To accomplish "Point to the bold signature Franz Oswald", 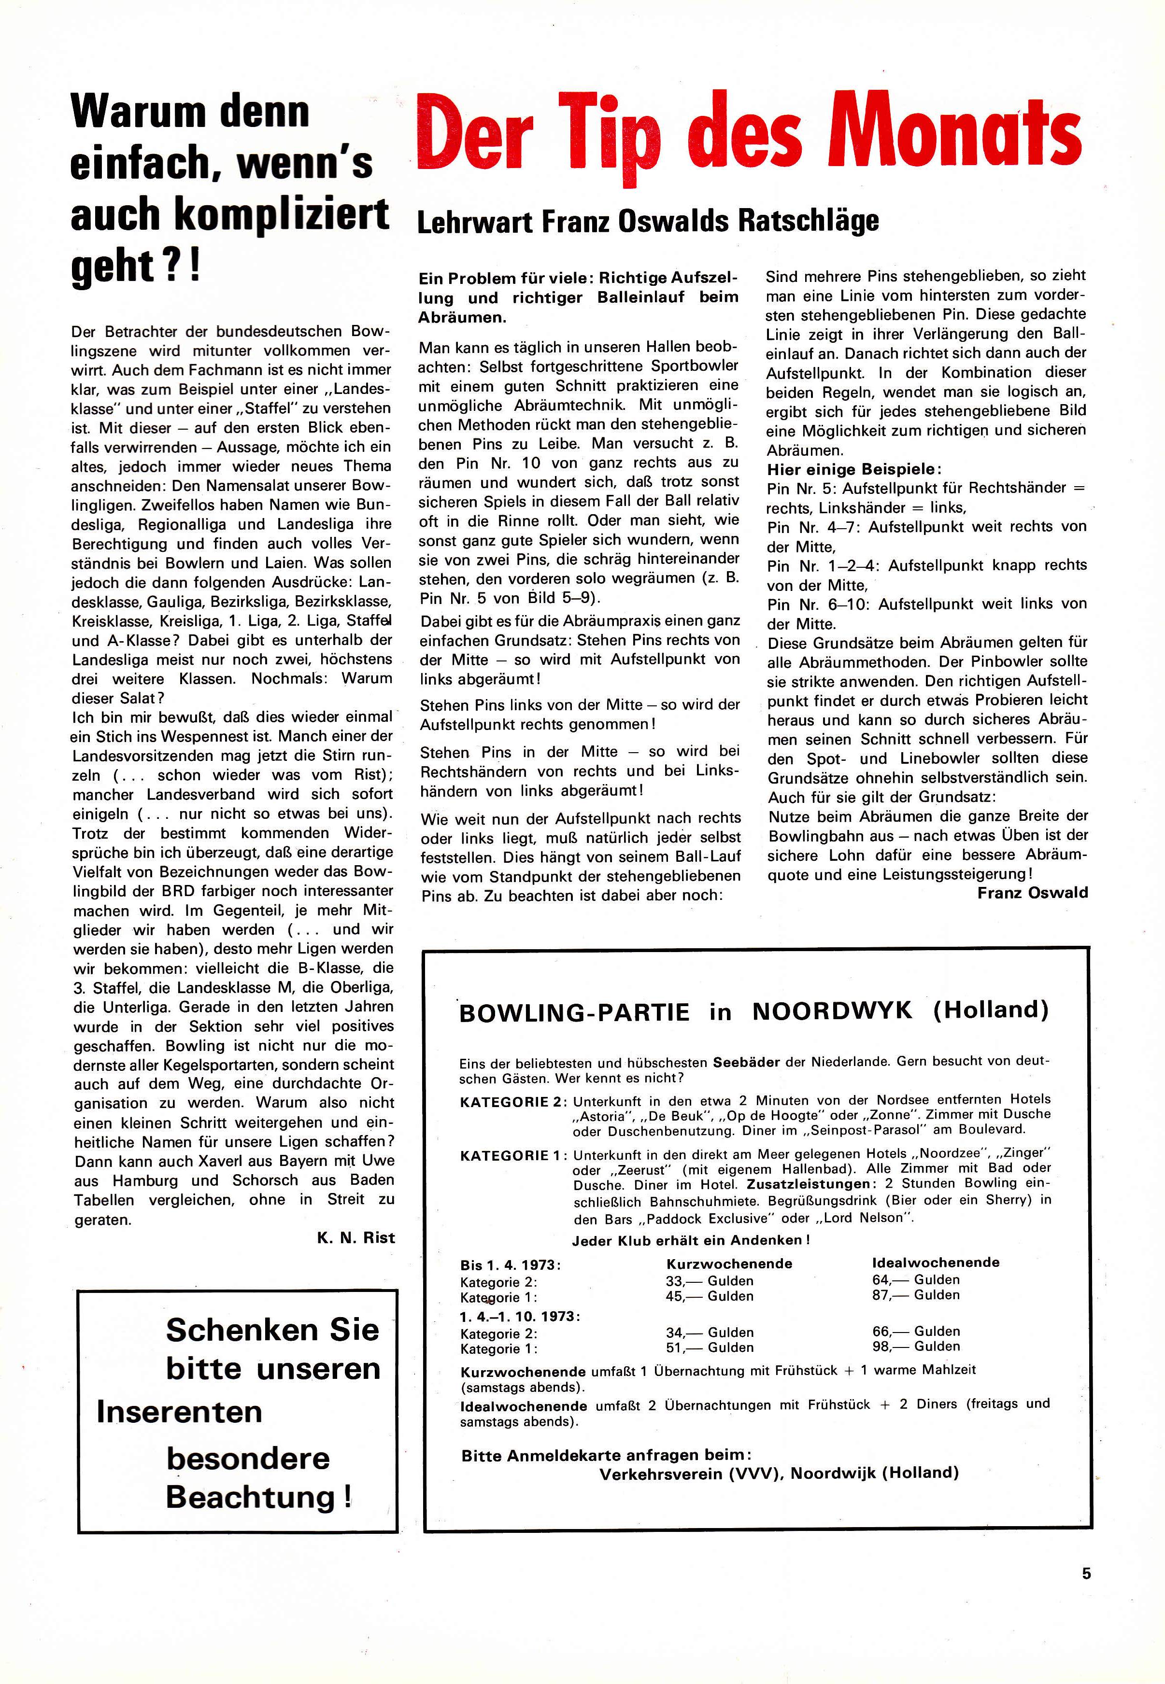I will coord(1032,892).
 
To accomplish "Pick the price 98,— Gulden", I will coord(916,1346).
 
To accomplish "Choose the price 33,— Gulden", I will coord(710,1280).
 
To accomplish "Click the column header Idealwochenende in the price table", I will coord(936,1262).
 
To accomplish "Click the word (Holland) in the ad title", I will coord(991,1010).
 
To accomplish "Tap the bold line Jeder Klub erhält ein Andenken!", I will coord(691,1240).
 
